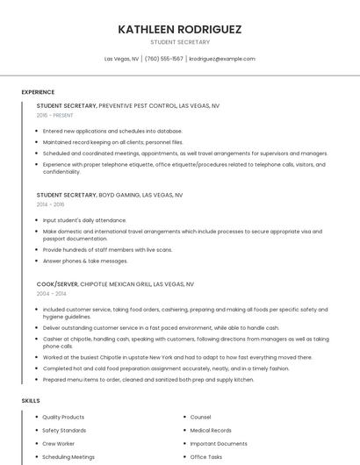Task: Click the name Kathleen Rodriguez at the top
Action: (x=179, y=29)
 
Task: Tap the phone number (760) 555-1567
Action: (x=164, y=59)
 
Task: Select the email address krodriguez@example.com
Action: (x=222, y=59)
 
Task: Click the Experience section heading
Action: (x=38, y=92)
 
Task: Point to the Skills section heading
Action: (x=31, y=401)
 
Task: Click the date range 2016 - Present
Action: (x=55, y=115)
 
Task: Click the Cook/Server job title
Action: (x=57, y=284)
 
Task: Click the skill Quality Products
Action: (x=63, y=418)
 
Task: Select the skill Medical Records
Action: (x=211, y=431)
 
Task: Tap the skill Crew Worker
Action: (x=59, y=444)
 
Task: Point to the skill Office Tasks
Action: (x=206, y=457)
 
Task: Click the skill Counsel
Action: (x=200, y=418)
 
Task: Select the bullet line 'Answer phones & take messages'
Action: (x=85, y=261)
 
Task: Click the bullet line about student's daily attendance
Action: (x=84, y=220)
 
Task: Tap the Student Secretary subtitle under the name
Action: (x=179, y=42)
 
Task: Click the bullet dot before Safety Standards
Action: (x=36, y=431)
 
